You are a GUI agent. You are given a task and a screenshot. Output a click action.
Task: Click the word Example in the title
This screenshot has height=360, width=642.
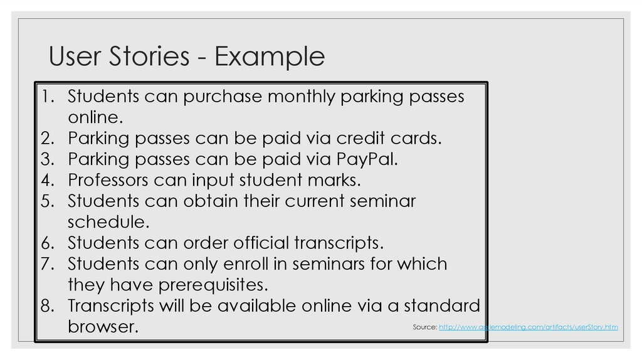[x=270, y=57]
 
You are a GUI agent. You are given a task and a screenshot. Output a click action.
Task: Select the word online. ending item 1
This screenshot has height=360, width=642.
[x=94, y=117]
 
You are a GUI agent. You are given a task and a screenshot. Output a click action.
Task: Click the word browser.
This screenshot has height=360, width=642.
[x=103, y=327]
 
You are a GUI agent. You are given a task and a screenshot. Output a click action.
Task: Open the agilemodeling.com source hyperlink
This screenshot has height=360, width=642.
[x=529, y=327]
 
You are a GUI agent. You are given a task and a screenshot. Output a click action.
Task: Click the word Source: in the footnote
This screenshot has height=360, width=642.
[x=424, y=327]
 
